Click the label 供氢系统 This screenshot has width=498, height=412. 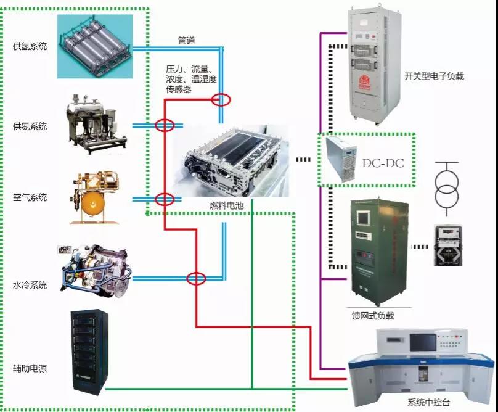pos(30,46)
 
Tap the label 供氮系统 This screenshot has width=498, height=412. pos(30,126)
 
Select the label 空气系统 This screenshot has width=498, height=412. pos(30,197)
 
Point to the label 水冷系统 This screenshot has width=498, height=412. pos(30,285)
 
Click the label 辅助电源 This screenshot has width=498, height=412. pos(30,369)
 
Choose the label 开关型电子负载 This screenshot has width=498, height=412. pos(434,76)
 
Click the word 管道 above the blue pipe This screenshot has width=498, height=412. pos(187,41)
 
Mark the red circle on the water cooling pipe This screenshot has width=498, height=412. pos(196,278)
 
